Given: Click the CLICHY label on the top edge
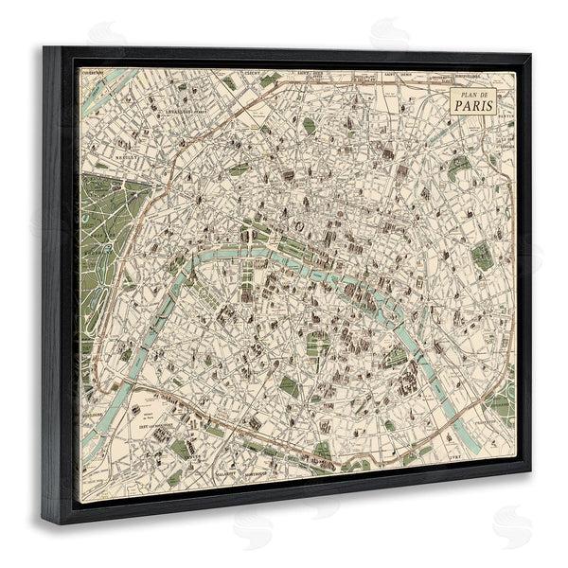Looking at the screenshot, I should coord(253,72).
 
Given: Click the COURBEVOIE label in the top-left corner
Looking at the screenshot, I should coord(92,71).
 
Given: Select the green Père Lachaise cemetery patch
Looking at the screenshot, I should coord(482,256).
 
